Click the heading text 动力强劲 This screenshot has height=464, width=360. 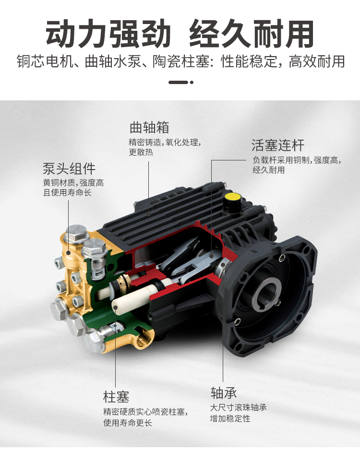tap(108, 34)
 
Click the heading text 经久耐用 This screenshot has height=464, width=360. tap(251, 34)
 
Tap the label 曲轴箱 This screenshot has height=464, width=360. tap(149, 128)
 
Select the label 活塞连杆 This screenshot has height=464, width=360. tap(278, 145)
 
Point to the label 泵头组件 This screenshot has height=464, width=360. tap(69, 169)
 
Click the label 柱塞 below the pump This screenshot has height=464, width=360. tap(116, 397)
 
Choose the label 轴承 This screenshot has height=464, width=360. tap(224, 393)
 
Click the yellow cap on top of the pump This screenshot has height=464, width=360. tap(232, 197)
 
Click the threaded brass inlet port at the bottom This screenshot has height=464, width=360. tap(144, 339)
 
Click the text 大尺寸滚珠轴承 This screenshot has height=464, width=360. tap(239, 407)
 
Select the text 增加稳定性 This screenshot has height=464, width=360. tap(230, 418)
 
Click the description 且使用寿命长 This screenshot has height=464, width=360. tap(67, 193)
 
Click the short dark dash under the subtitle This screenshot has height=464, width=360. tap(179, 82)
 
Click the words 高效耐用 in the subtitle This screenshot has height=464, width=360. tap(316, 61)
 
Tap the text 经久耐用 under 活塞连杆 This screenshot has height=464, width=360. tap(269, 170)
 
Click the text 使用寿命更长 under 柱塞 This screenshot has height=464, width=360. tap(128, 423)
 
